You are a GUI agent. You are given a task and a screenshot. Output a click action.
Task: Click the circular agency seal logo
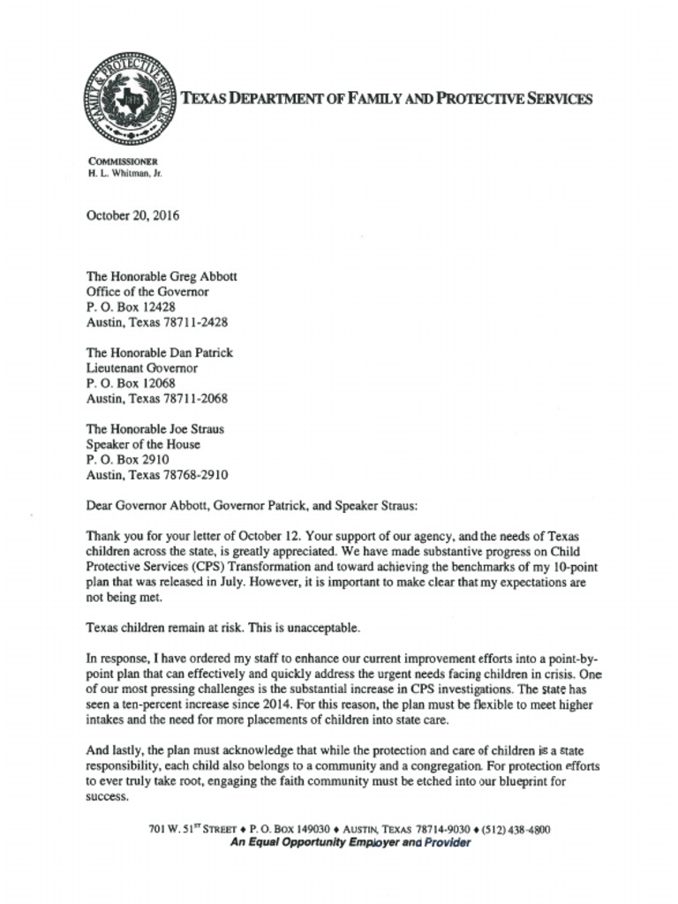tap(129, 99)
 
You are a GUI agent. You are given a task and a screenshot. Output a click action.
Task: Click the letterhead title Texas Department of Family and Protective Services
tap(387, 99)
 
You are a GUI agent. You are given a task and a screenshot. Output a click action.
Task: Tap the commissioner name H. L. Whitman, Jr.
tap(124, 174)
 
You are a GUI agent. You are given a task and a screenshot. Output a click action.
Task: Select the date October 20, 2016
tap(132, 215)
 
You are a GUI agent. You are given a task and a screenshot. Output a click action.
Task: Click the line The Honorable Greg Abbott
tap(162, 276)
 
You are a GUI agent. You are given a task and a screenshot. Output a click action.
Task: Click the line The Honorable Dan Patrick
tap(160, 353)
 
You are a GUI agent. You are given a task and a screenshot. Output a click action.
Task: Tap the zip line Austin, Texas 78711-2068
tap(157, 399)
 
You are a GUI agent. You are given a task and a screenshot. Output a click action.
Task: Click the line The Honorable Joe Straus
tap(155, 430)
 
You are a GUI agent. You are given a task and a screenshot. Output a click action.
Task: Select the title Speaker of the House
tap(143, 445)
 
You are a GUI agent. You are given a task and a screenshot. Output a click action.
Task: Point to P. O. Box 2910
tap(127, 460)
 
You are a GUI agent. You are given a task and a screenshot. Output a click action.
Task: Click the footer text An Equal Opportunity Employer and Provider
tap(350, 843)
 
